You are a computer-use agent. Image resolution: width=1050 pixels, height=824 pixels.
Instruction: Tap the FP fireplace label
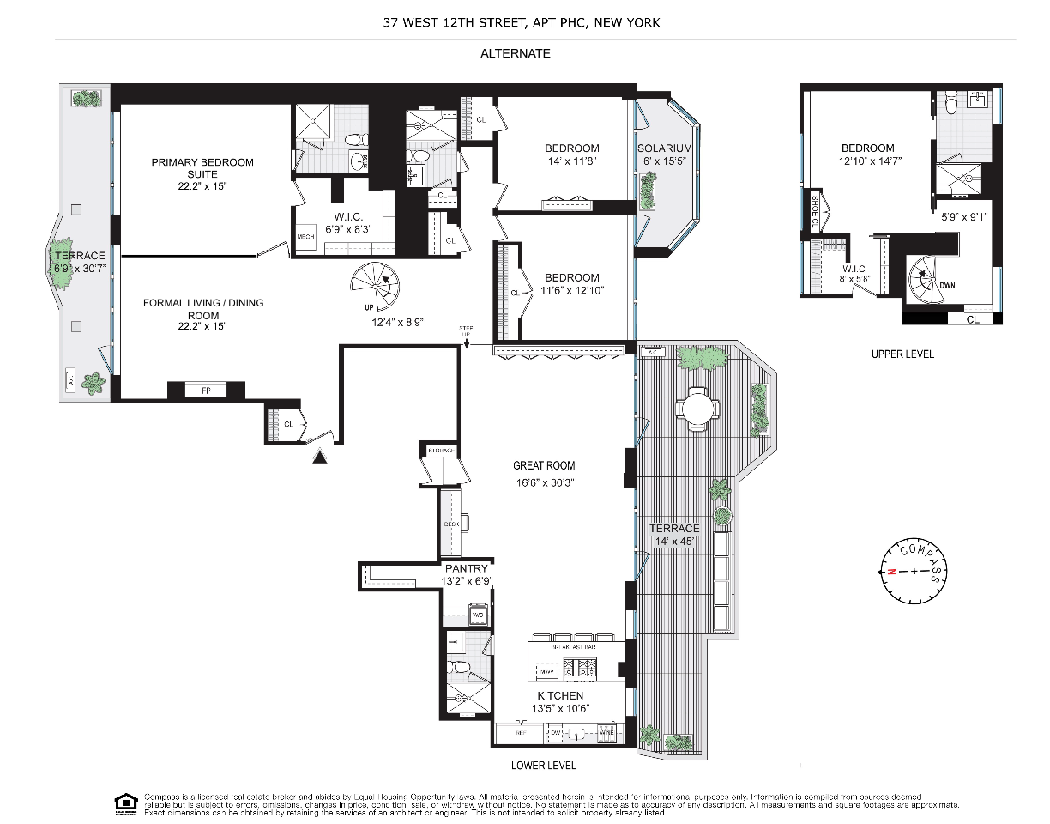coord(206,391)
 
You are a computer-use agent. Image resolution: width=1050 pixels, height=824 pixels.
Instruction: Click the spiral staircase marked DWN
coord(930,278)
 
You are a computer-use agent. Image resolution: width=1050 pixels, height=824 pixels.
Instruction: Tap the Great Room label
coord(544,465)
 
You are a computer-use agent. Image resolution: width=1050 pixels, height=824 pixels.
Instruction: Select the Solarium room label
coord(665,148)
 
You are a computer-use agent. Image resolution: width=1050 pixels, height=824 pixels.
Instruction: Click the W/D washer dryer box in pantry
coord(478,615)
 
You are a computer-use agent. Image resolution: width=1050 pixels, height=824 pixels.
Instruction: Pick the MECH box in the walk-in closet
coord(305,237)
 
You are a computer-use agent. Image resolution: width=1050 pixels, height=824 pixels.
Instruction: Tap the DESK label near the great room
coord(452,524)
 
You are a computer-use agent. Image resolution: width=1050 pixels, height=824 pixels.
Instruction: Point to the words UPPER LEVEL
coord(902,354)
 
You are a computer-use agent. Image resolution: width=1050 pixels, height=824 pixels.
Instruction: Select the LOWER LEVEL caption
coord(543,765)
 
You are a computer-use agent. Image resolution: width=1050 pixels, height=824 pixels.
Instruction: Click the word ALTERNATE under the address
coord(515,53)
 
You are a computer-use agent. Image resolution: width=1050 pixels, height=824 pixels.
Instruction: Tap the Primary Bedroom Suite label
coord(202,168)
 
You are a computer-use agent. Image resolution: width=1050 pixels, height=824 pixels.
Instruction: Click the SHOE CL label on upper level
coord(814,207)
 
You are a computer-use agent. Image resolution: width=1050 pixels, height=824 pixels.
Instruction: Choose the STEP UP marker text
coord(466,331)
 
